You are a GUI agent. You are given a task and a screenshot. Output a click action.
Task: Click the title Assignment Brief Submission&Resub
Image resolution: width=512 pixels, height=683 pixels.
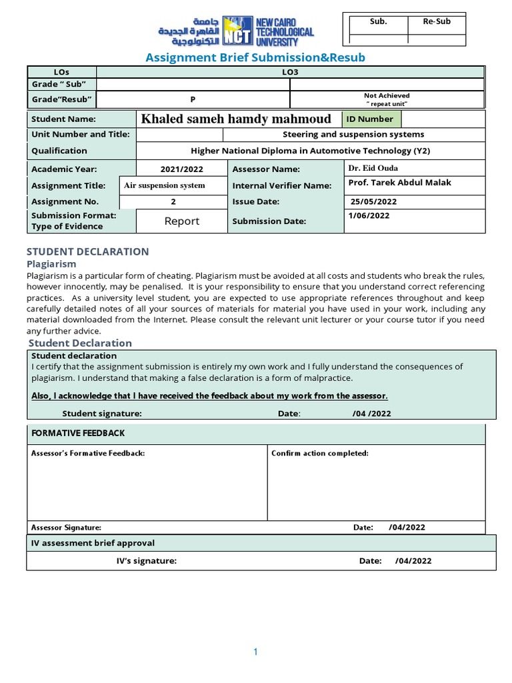tap(255, 58)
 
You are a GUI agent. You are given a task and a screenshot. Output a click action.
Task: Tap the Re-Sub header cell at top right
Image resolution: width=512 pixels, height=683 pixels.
tap(437, 21)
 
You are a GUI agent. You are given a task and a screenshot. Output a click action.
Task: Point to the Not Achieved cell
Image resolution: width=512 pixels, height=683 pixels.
tap(387, 99)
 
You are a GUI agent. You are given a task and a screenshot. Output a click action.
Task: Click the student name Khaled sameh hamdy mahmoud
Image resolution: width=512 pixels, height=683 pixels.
tap(236, 119)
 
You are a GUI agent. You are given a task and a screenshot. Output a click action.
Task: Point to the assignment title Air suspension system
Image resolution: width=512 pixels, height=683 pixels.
tap(165, 185)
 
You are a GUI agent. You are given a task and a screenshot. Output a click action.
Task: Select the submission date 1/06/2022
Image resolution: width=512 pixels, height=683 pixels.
tap(369, 216)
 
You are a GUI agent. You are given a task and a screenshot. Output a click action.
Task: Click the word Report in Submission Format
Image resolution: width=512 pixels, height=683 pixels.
tap(182, 221)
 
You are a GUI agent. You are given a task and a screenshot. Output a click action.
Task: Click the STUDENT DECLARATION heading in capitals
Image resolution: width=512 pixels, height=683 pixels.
tap(87, 251)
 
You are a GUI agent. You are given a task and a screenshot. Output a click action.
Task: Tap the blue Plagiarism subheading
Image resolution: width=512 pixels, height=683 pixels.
tap(51, 264)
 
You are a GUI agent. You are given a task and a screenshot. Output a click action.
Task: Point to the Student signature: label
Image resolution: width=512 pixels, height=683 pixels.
tap(101, 414)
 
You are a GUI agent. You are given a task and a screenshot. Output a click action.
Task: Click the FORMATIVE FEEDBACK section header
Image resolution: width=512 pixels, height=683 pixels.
tap(78, 434)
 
